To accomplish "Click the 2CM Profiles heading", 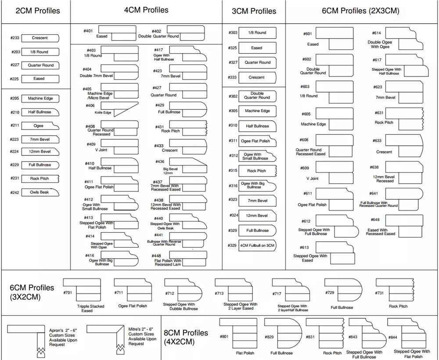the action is pyautogui.click(x=38, y=11).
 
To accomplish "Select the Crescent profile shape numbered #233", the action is pyautogui.click(x=40, y=38).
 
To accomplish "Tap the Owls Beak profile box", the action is pyautogui.click(x=40, y=192).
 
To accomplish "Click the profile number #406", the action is pyautogui.click(x=90, y=105).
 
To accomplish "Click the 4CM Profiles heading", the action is pyautogui.click(x=146, y=10).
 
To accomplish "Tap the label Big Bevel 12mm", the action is pyautogui.click(x=170, y=171).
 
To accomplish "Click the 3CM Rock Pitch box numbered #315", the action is pyautogui.click(x=258, y=171).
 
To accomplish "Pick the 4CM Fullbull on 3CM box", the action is pyautogui.click(x=258, y=245).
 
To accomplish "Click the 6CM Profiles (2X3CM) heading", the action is pyautogui.click(x=360, y=11).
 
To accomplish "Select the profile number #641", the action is pyautogui.click(x=374, y=194).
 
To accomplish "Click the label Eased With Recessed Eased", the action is pyautogui.click(x=381, y=232).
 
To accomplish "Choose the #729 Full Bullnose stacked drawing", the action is pyautogui.click(x=343, y=290).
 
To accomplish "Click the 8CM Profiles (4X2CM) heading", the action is pyautogui.click(x=186, y=337).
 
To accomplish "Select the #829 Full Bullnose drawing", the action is pyautogui.click(x=283, y=333).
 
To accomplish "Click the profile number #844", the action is pyautogui.click(x=392, y=337).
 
